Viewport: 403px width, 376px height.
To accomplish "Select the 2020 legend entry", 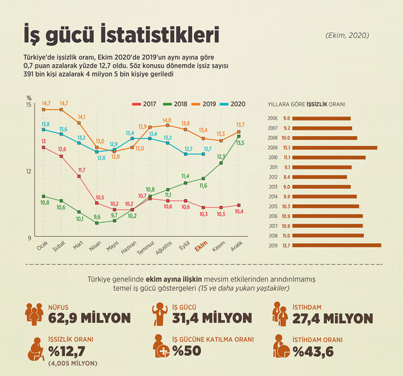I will tap(234, 104).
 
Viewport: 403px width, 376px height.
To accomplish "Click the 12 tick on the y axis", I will tap(29, 171).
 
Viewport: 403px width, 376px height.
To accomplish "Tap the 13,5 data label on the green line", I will tap(240, 143).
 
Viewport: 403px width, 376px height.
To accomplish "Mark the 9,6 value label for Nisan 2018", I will tap(97, 217).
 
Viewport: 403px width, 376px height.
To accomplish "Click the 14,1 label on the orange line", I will tap(81, 117).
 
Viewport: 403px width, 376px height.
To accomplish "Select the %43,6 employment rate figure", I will tap(318, 350).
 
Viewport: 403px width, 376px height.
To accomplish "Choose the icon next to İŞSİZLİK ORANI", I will tap(33, 347).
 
